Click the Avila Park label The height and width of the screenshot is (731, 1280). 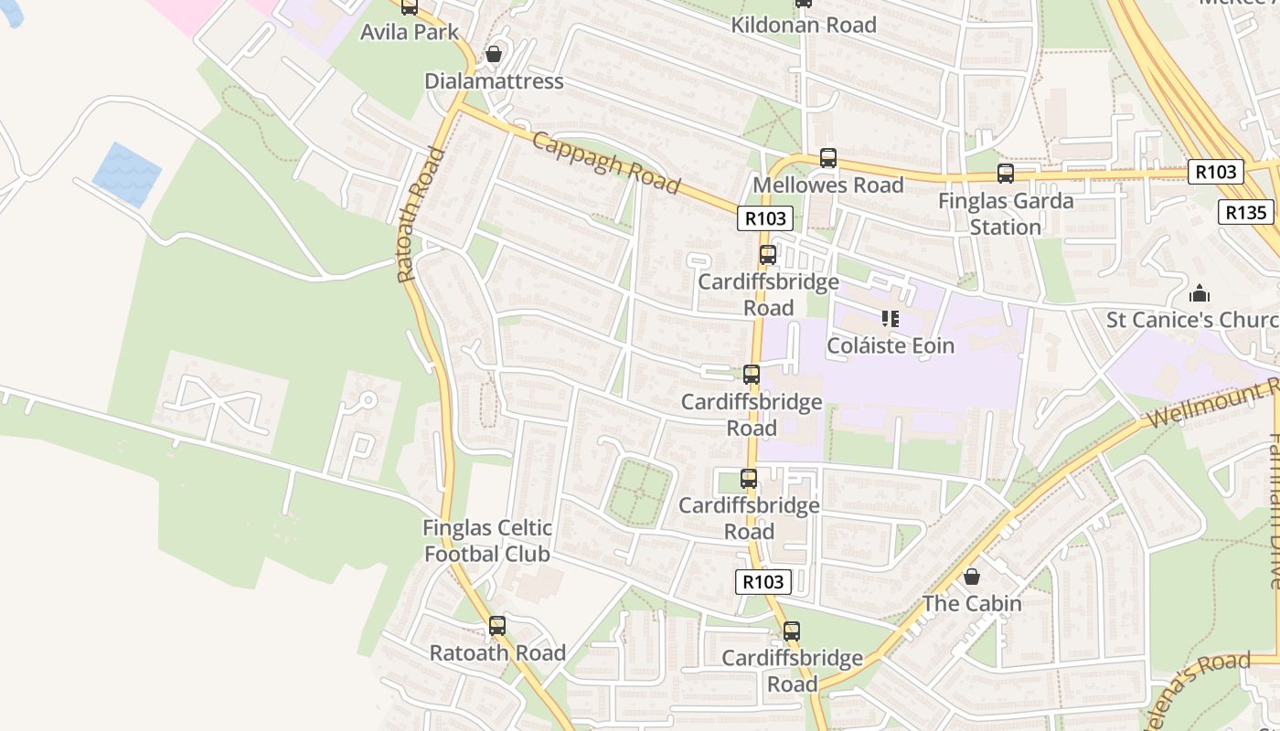[409, 32]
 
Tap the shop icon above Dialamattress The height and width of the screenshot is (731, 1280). [494, 54]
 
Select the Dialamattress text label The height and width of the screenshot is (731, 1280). [494, 81]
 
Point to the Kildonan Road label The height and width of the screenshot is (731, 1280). [804, 25]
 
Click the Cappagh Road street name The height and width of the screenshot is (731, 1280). [606, 164]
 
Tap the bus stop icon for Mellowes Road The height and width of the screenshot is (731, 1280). [828, 158]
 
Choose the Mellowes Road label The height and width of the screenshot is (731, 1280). [828, 185]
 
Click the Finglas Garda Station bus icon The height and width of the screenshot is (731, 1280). [1006, 174]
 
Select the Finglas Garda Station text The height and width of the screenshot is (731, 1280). [1006, 213]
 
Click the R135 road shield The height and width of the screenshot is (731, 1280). [1245, 213]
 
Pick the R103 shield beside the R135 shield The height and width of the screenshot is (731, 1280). [1216, 172]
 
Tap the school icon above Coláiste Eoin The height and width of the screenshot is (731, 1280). [891, 319]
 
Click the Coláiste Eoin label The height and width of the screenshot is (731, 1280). [891, 345]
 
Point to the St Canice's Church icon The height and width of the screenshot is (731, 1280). [1199, 293]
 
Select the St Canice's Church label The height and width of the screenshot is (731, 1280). [1192, 320]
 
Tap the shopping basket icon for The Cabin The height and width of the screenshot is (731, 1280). [972, 577]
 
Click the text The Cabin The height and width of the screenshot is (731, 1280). [972, 603]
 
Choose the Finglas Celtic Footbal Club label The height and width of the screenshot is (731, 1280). [487, 541]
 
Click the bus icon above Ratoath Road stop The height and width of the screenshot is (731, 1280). [497, 626]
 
